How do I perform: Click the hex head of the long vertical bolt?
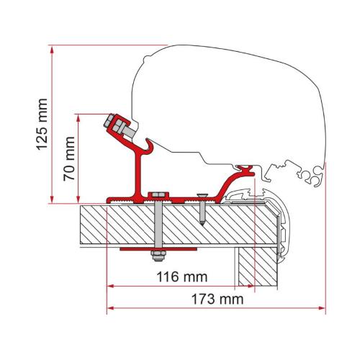pyautogui.click(x=156, y=196)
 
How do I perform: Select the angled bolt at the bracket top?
pyautogui.click(x=120, y=128)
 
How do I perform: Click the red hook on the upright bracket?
pyautogui.click(x=149, y=148)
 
